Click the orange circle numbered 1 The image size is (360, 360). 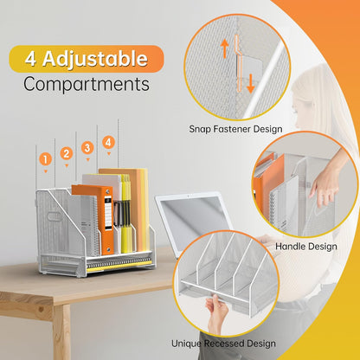click(x=45, y=159)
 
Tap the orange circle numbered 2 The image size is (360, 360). click(x=67, y=153)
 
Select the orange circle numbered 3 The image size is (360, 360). click(x=87, y=148)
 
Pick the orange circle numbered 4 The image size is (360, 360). click(x=108, y=142)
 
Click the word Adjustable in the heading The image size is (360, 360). click(x=95, y=59)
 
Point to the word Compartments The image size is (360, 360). click(x=87, y=84)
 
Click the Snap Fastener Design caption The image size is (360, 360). click(x=235, y=129)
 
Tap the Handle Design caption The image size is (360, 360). click(x=306, y=247)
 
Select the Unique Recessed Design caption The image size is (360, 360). click(x=223, y=344)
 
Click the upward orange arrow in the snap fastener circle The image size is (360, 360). click(x=224, y=48)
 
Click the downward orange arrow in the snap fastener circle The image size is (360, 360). click(x=250, y=83)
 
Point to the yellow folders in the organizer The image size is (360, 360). click(x=126, y=214)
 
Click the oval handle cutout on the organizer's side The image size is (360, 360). click(x=54, y=216)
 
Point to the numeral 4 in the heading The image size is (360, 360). click(x=30, y=59)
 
